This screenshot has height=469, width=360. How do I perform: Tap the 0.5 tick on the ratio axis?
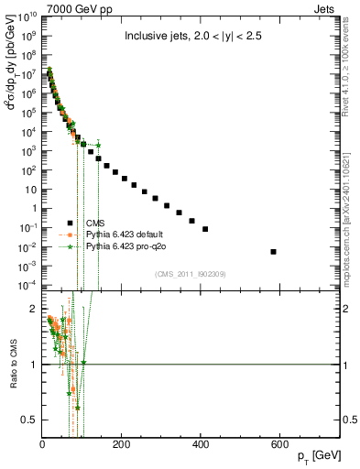pyautogui.click(x=32, y=420)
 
